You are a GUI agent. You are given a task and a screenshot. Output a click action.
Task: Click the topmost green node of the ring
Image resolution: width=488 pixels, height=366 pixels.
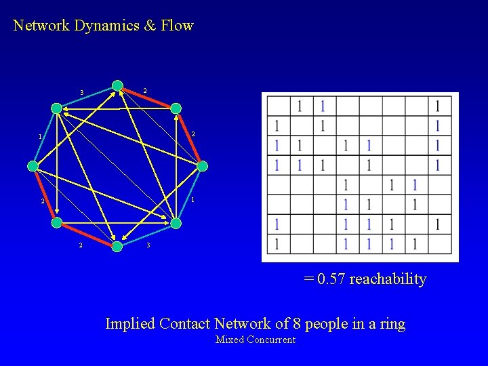[x=118, y=85]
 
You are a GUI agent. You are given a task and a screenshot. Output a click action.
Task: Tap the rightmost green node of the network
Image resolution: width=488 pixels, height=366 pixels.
[x=202, y=165]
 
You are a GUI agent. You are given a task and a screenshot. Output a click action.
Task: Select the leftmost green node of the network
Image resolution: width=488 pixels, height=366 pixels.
[x=33, y=165]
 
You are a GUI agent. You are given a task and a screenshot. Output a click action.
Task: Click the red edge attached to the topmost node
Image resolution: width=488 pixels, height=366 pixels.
[x=147, y=96]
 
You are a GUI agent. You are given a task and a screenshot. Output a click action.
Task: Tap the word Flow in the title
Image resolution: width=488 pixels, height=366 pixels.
[x=177, y=26]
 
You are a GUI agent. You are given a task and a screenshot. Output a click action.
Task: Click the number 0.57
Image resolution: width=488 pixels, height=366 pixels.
[x=331, y=279]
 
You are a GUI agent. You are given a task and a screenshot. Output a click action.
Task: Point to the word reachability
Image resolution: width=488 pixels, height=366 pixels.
[x=388, y=279]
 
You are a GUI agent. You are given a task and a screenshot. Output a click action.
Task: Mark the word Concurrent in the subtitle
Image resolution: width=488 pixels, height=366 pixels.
[x=272, y=340]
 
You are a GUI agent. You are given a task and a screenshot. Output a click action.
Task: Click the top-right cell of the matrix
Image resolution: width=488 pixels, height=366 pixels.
[x=439, y=106]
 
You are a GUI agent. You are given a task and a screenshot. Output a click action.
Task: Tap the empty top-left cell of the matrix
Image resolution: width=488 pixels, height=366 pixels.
[x=278, y=106]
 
